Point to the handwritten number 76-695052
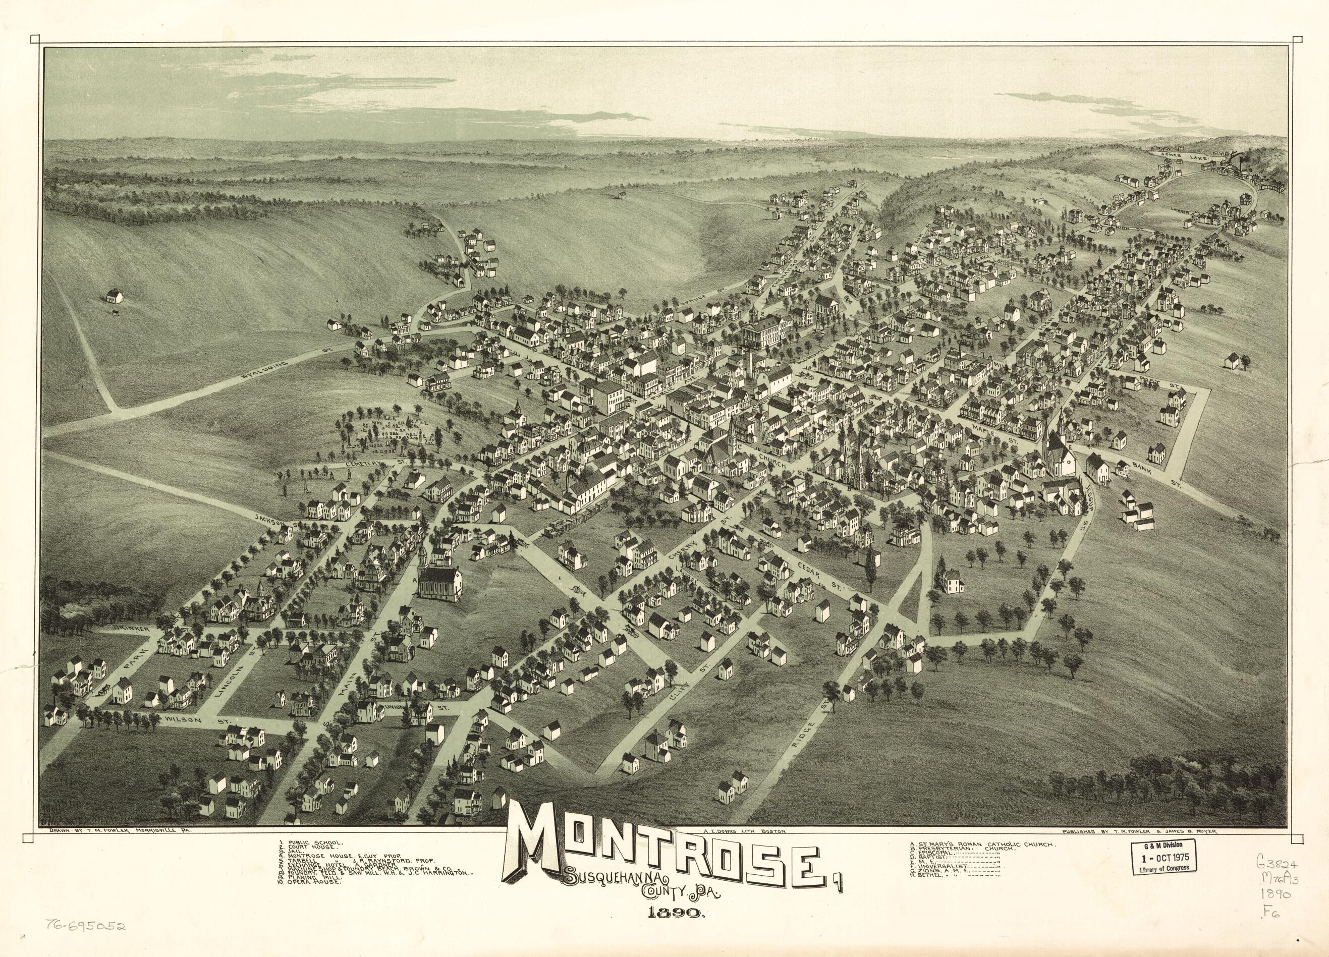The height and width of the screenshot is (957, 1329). (x=84, y=926)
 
